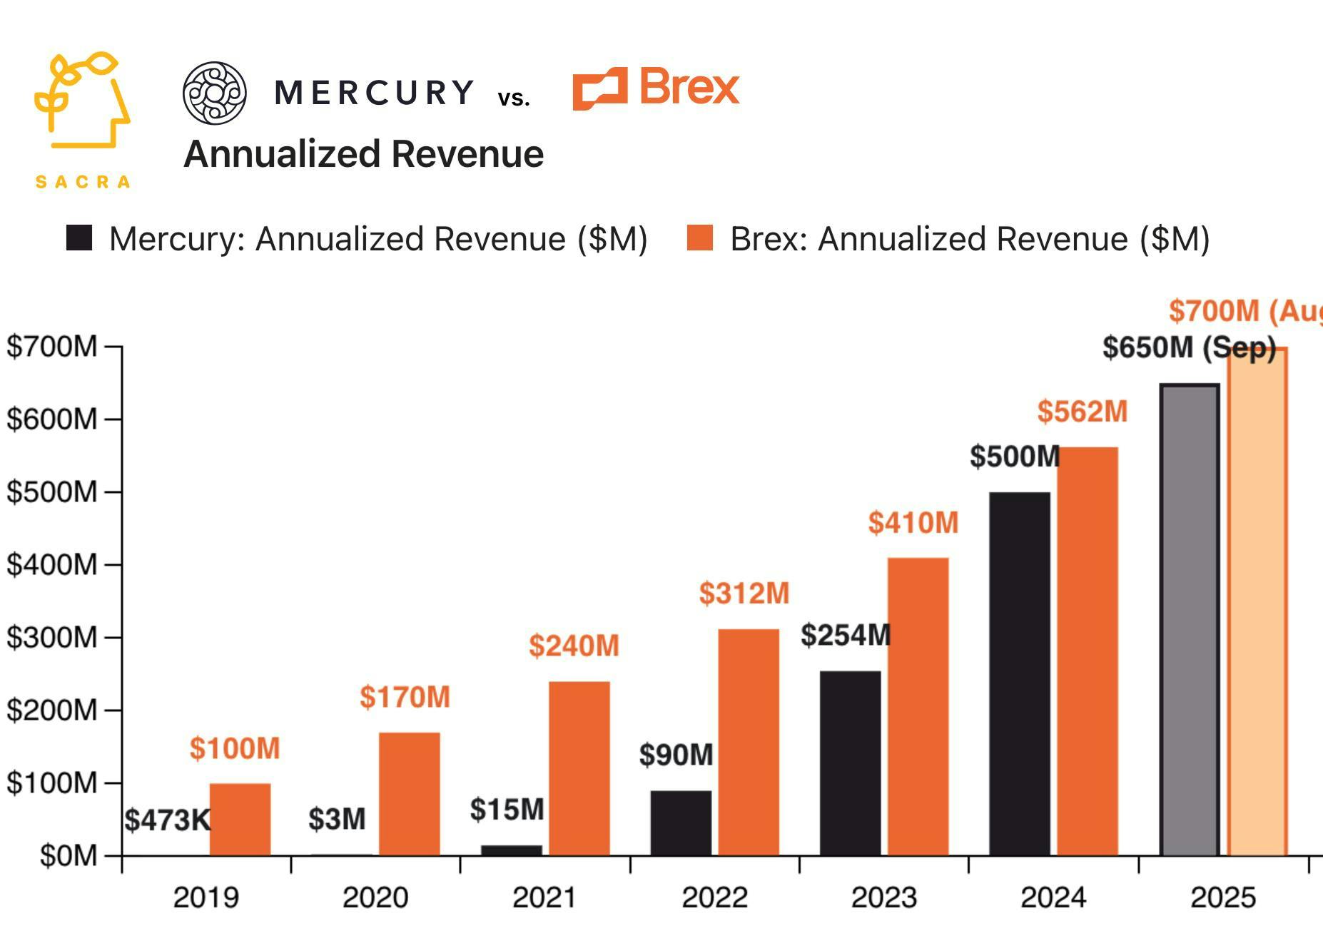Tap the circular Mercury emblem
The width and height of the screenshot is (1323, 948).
coord(215,93)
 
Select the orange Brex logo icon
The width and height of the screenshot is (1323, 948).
coord(600,89)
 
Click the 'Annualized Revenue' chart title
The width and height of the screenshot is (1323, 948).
coord(364,154)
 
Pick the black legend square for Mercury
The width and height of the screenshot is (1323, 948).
coord(79,238)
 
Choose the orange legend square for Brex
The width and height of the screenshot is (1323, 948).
coord(699,238)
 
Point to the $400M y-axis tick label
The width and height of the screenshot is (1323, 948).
coord(51,565)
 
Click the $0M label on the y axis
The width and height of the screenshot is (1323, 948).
coord(68,855)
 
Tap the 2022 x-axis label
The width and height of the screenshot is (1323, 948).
coord(714,897)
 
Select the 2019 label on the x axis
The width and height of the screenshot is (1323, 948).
coord(206,897)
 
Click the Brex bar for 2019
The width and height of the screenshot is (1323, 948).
coord(240,820)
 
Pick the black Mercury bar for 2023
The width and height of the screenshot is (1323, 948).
coord(850,763)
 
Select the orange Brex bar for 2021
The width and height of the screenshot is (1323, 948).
coord(579,768)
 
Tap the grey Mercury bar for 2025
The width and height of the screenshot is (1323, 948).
coord(1190,620)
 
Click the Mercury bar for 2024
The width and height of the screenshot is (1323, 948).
coord(1020,673)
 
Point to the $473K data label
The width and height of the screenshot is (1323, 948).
coord(168,820)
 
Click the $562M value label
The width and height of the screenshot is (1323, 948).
coord(1082,412)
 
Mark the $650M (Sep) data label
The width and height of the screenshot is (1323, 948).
coord(1189,348)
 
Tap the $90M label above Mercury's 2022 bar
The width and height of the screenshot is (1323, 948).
coord(676,755)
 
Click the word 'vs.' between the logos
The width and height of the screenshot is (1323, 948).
coord(514,98)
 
